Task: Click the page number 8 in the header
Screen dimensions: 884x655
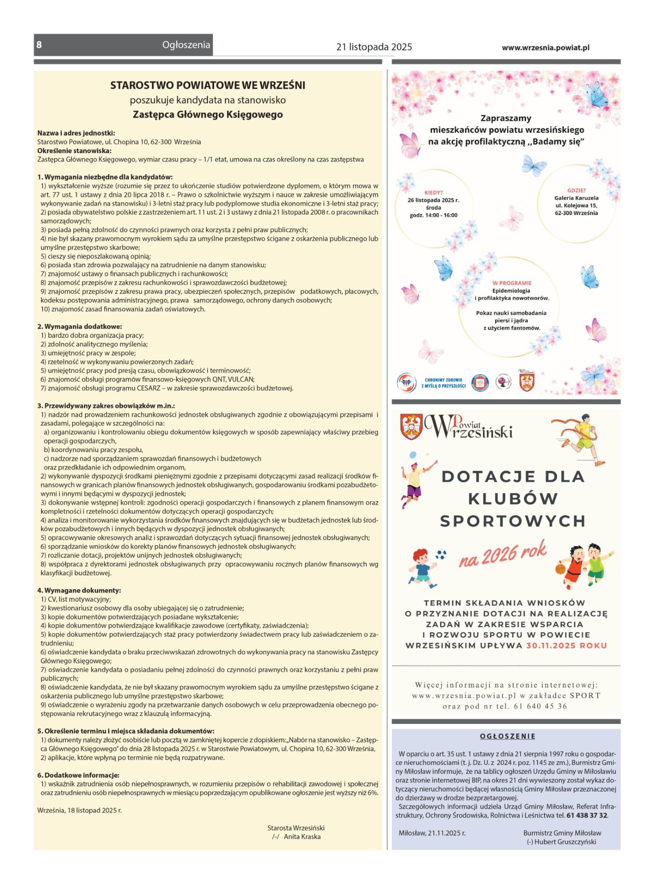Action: tap(39, 45)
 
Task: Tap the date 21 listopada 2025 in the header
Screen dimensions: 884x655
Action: tap(374, 47)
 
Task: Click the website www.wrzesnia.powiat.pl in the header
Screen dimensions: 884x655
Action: tap(545, 47)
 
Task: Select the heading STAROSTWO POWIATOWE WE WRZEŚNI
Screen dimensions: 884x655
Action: tap(207, 85)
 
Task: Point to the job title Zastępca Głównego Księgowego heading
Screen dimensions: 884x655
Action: tap(207, 115)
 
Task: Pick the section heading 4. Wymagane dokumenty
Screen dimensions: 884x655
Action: tap(79, 590)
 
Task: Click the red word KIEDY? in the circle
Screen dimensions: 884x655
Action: tap(433, 192)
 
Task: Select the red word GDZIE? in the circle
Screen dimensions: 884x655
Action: tap(576, 190)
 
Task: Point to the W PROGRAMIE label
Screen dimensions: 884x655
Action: tap(511, 283)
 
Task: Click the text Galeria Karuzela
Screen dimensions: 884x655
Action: tap(576, 198)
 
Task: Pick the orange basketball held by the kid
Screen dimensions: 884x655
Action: tap(560, 569)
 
